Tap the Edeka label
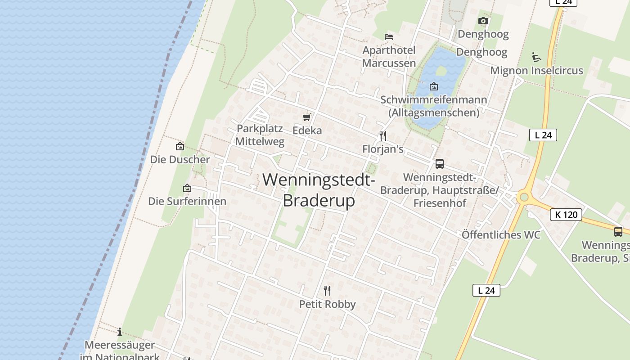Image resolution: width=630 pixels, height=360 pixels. pyautogui.click(x=307, y=130)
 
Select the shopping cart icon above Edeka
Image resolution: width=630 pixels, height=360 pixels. pyautogui.click(x=307, y=117)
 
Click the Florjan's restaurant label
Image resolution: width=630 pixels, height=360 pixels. pyautogui.click(x=383, y=149)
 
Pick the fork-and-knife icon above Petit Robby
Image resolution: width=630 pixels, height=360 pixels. pyautogui.click(x=327, y=291)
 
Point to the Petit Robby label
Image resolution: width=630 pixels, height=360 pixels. pyautogui.click(x=327, y=304)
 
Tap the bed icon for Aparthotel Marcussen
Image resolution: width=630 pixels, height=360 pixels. pyautogui.click(x=389, y=36)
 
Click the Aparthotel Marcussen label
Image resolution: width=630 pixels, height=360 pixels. pyautogui.click(x=389, y=57)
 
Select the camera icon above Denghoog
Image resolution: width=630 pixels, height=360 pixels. pyautogui.click(x=483, y=21)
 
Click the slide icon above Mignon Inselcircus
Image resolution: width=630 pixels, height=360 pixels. pyautogui.click(x=536, y=57)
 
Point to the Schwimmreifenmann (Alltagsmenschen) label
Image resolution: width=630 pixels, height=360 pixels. pyautogui.click(x=434, y=106)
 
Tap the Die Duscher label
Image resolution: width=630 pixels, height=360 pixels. pyautogui.click(x=180, y=160)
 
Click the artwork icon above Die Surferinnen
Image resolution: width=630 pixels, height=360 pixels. pyautogui.click(x=187, y=188)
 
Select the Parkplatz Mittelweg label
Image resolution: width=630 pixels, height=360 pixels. pyautogui.click(x=260, y=135)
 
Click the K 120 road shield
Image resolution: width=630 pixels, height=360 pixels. pyautogui.click(x=566, y=215)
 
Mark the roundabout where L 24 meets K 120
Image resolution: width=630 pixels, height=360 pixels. pyautogui.click(x=523, y=197)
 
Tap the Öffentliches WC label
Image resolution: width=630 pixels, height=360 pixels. pyautogui.click(x=501, y=235)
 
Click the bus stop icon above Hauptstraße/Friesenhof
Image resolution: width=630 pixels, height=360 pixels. pyautogui.click(x=440, y=164)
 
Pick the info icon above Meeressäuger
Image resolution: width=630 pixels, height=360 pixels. pyautogui.click(x=120, y=332)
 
